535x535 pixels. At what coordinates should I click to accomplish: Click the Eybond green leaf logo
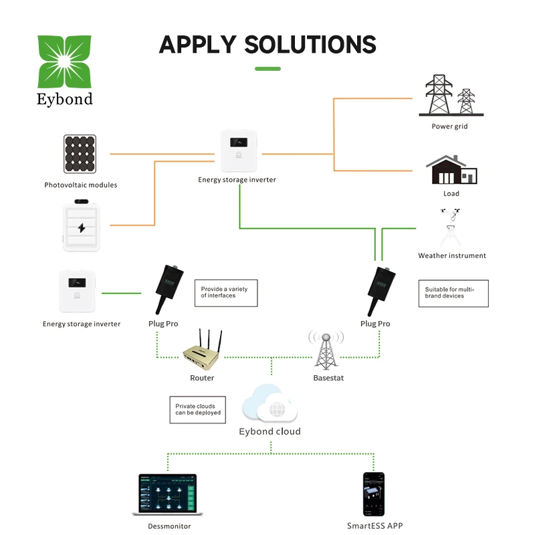(64, 61)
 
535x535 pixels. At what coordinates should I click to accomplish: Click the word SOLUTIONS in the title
(310, 45)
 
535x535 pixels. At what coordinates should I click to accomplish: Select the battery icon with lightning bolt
(81, 227)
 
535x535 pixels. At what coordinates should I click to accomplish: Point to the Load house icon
(452, 170)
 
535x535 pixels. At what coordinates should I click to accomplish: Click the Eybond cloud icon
(270, 403)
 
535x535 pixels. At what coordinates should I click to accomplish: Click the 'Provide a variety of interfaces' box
(225, 293)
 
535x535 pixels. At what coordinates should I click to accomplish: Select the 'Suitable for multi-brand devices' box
(453, 293)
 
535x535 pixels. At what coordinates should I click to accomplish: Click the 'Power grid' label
(449, 126)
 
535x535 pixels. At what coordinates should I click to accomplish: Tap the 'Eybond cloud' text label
(270, 431)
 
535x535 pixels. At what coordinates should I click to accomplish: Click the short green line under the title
(267, 68)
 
